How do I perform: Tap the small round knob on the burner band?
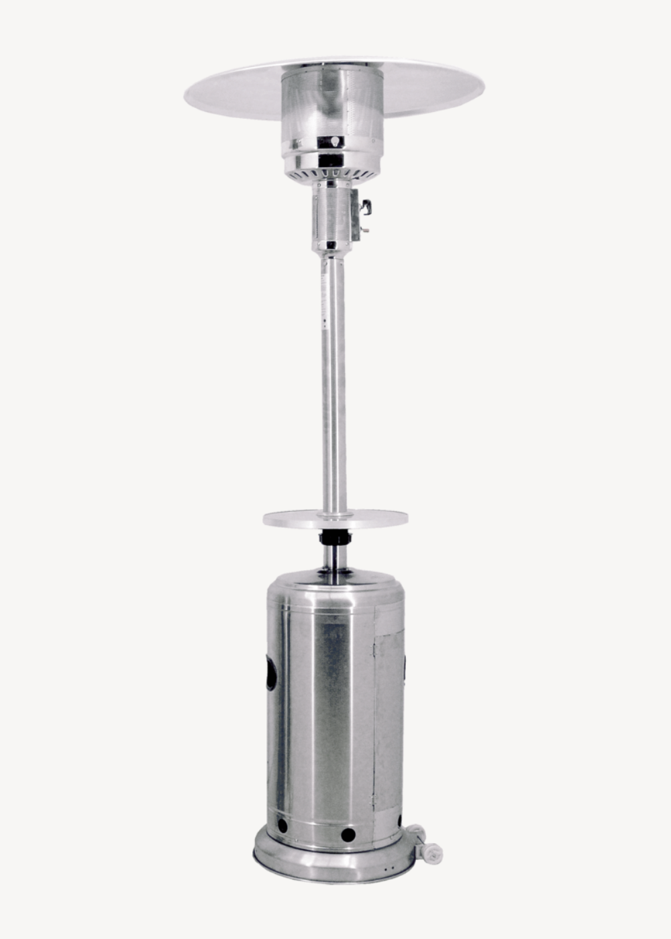tap(331, 142)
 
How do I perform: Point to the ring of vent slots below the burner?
tap(331, 173)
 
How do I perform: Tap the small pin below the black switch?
tap(364, 230)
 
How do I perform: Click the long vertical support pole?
tap(333, 376)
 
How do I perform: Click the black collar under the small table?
tap(335, 537)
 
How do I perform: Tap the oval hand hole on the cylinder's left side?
tap(271, 673)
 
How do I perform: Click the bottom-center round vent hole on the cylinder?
tap(348, 835)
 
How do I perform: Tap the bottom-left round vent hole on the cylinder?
tap(282, 826)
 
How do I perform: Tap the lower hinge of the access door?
tap(375, 798)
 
